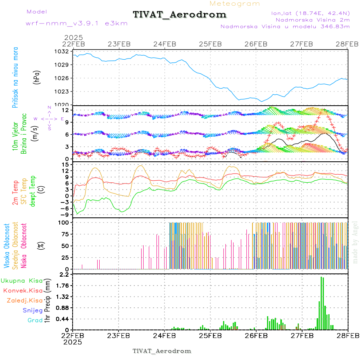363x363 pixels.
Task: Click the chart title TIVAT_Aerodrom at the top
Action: coord(179,15)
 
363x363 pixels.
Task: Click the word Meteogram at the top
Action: coord(235,4)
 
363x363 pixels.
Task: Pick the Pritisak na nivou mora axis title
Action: coord(15,78)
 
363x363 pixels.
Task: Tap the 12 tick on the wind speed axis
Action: coord(65,110)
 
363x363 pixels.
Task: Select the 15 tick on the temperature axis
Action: coord(65,165)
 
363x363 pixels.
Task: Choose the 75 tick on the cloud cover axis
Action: coord(65,234)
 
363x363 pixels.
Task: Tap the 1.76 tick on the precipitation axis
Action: coord(63,286)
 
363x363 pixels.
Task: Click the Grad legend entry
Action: coord(35,321)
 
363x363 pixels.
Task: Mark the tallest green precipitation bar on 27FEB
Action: coord(321,302)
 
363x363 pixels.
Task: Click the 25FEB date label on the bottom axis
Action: coord(210,335)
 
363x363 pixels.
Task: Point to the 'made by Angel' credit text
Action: coord(355,242)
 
